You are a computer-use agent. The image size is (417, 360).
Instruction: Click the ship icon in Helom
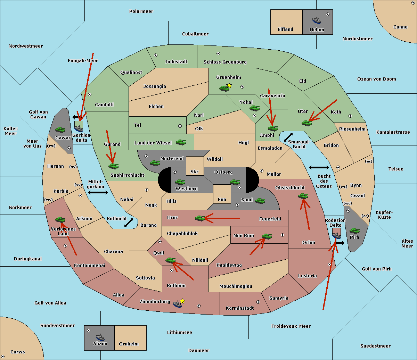(x=317, y=20)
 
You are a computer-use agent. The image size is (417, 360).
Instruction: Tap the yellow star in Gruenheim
(x=229, y=85)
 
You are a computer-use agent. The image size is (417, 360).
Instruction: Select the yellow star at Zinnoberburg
(x=182, y=301)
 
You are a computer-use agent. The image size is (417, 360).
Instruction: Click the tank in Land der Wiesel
(x=181, y=142)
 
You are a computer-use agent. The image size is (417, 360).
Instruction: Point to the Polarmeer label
(x=141, y=11)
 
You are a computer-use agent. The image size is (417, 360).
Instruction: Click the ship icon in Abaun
(x=100, y=337)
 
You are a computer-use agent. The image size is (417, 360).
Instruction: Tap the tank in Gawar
(x=60, y=129)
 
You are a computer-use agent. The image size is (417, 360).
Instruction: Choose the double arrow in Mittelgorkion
(x=98, y=192)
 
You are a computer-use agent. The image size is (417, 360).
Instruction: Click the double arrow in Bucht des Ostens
(x=319, y=167)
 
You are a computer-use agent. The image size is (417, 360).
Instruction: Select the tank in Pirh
(x=354, y=231)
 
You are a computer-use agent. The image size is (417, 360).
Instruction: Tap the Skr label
(x=194, y=171)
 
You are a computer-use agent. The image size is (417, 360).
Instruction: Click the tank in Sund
(x=260, y=201)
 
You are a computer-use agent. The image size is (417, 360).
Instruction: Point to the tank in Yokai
(x=255, y=108)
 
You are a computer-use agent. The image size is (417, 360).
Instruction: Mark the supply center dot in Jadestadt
(x=156, y=55)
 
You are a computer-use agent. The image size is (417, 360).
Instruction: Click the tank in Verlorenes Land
(x=60, y=219)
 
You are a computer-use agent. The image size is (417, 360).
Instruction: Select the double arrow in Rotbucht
(x=129, y=223)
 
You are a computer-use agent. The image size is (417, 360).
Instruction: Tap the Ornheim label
(x=129, y=344)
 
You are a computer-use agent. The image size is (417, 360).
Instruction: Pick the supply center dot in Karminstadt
(x=258, y=302)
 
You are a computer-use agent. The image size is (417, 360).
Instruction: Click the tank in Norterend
(x=155, y=163)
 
